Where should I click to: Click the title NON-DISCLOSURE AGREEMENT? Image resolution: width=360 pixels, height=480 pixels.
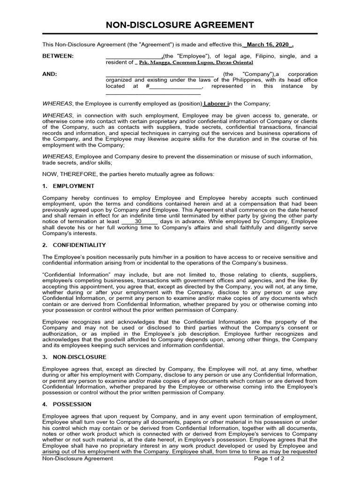click(x=180, y=25)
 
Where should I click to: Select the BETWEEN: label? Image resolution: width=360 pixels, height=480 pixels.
click(x=58, y=56)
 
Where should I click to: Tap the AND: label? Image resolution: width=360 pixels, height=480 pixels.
click(x=49, y=74)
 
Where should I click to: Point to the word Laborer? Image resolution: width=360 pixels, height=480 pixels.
click(x=215, y=103)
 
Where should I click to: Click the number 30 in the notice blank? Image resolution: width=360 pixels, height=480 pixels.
click(x=138, y=221)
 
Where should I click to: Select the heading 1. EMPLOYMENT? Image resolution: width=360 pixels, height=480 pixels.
click(x=68, y=186)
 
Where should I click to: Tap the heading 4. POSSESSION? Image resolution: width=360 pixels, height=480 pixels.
click(x=67, y=404)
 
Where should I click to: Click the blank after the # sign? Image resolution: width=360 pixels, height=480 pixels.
click(x=175, y=86)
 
